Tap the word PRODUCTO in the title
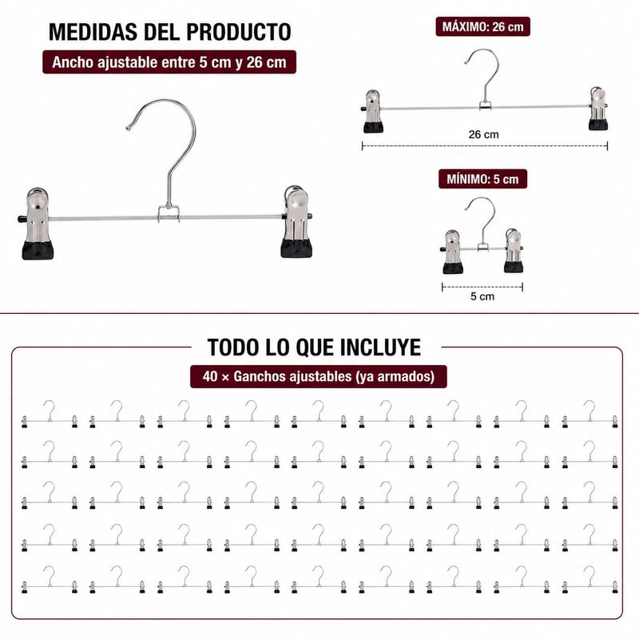click(238, 32)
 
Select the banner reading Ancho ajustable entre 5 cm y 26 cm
click(169, 62)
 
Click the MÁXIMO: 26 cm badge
click(483, 27)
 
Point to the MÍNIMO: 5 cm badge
click(483, 179)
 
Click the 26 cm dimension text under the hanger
click(484, 134)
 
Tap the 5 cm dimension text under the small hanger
click(482, 296)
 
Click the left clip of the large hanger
click(37, 224)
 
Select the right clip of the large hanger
click(296, 222)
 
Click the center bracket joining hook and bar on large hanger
click(169, 214)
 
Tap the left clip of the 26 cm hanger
click(373, 112)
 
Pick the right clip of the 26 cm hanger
click(597, 109)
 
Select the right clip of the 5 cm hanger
click(514, 251)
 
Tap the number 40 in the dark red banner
click(210, 376)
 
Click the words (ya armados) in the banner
click(395, 376)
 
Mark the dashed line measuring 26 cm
click(485, 146)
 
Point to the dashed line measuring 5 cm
click(482, 287)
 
